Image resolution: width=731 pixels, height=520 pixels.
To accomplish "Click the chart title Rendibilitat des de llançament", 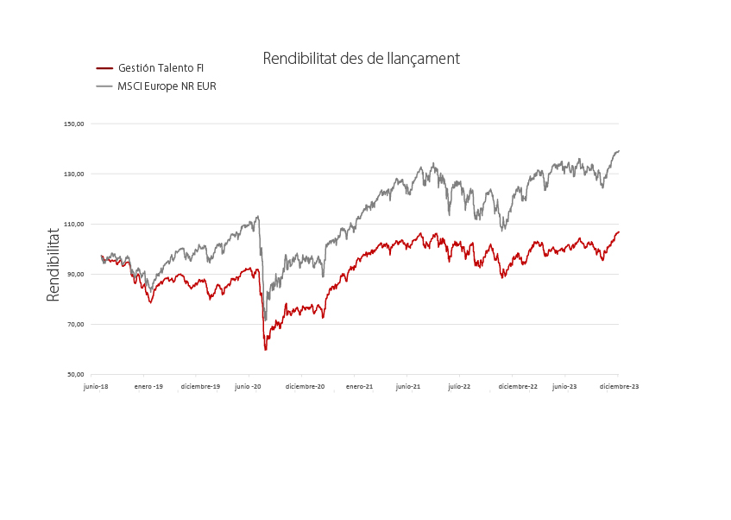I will click(361, 59).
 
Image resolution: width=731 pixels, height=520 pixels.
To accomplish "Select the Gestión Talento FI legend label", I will click(161, 68).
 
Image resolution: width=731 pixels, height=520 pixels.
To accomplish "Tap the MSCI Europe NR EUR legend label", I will click(167, 86).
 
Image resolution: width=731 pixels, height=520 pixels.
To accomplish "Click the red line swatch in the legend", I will click(104, 68).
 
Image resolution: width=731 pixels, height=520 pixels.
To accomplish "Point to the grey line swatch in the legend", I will click(104, 86).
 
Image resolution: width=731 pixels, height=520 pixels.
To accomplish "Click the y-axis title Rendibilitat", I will click(54, 264).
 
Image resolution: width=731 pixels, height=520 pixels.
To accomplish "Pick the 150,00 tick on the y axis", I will click(74, 124).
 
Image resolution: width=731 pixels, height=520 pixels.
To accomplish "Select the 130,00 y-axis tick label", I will click(74, 174).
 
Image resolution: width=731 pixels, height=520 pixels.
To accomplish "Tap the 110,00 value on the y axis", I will click(74, 224).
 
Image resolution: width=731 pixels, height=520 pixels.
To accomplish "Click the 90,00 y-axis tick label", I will click(76, 274).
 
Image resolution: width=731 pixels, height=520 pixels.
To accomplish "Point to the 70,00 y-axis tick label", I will click(76, 325).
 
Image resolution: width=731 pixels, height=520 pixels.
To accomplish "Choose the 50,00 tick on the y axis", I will click(76, 375).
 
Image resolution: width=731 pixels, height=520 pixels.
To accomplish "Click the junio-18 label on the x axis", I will click(96, 387).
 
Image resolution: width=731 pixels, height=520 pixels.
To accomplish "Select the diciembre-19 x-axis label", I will click(200, 387).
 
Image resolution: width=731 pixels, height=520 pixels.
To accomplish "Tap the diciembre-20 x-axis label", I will click(306, 387).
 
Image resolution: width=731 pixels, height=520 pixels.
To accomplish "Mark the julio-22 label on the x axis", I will click(459, 387).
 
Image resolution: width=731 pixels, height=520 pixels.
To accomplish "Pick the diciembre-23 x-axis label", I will click(620, 387).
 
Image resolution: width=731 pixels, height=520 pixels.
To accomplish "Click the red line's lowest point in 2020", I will click(265, 349).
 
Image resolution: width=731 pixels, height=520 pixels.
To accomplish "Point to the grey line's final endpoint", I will click(619, 151).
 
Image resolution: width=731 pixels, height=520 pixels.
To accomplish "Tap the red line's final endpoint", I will click(619, 231).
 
